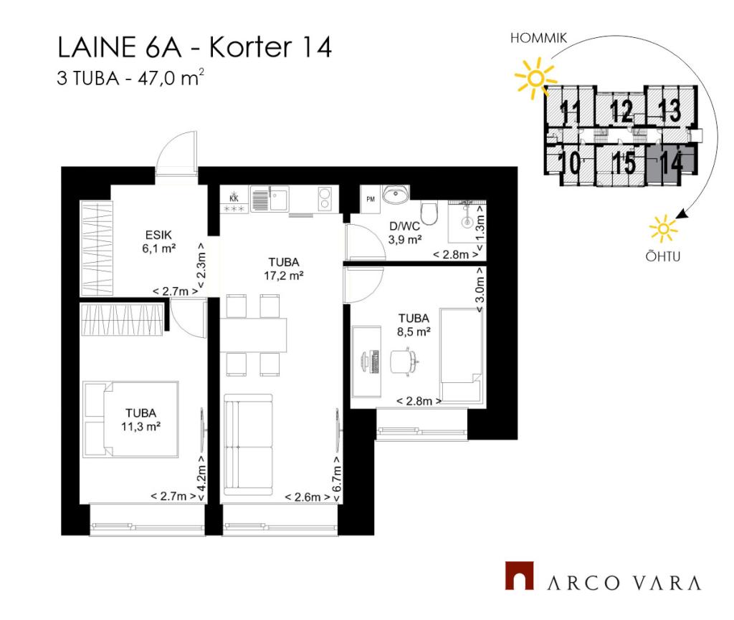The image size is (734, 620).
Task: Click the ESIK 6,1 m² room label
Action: [x=158, y=241]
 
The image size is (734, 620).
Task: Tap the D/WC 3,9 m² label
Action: [x=405, y=233]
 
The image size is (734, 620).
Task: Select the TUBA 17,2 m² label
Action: [x=284, y=269]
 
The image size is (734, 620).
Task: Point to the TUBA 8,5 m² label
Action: [x=414, y=325]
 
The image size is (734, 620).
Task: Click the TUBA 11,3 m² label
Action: [x=141, y=420]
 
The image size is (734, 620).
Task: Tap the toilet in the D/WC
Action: [x=429, y=213]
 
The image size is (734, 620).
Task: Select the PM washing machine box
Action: [x=371, y=199]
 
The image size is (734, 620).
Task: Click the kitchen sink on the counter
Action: [x=270, y=199]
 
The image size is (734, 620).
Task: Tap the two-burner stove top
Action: [x=325, y=198]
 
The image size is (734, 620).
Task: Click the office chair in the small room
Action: [x=404, y=361]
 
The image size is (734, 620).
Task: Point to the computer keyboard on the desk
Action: [x=374, y=362]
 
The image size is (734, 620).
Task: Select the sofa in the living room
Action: [x=248, y=445]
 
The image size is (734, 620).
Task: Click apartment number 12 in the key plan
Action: [x=621, y=111]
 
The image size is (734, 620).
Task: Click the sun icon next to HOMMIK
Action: [x=535, y=78]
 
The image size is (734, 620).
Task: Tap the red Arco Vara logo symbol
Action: [x=519, y=576]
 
